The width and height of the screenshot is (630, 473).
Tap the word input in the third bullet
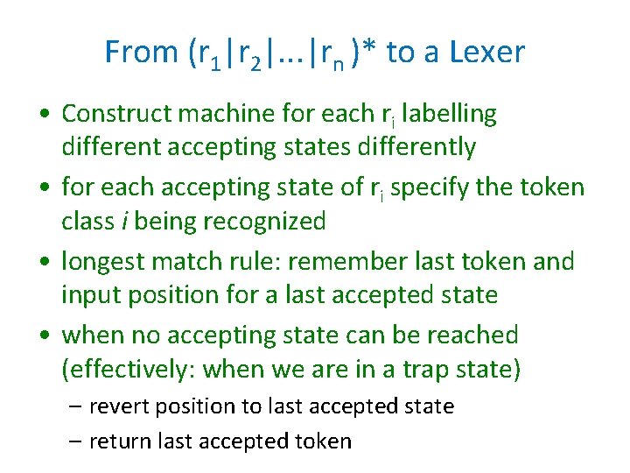pos(87,295)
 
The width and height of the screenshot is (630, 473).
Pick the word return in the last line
pos(118,441)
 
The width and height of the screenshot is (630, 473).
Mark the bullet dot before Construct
pos(43,115)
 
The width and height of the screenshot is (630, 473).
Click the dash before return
pos(77,441)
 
